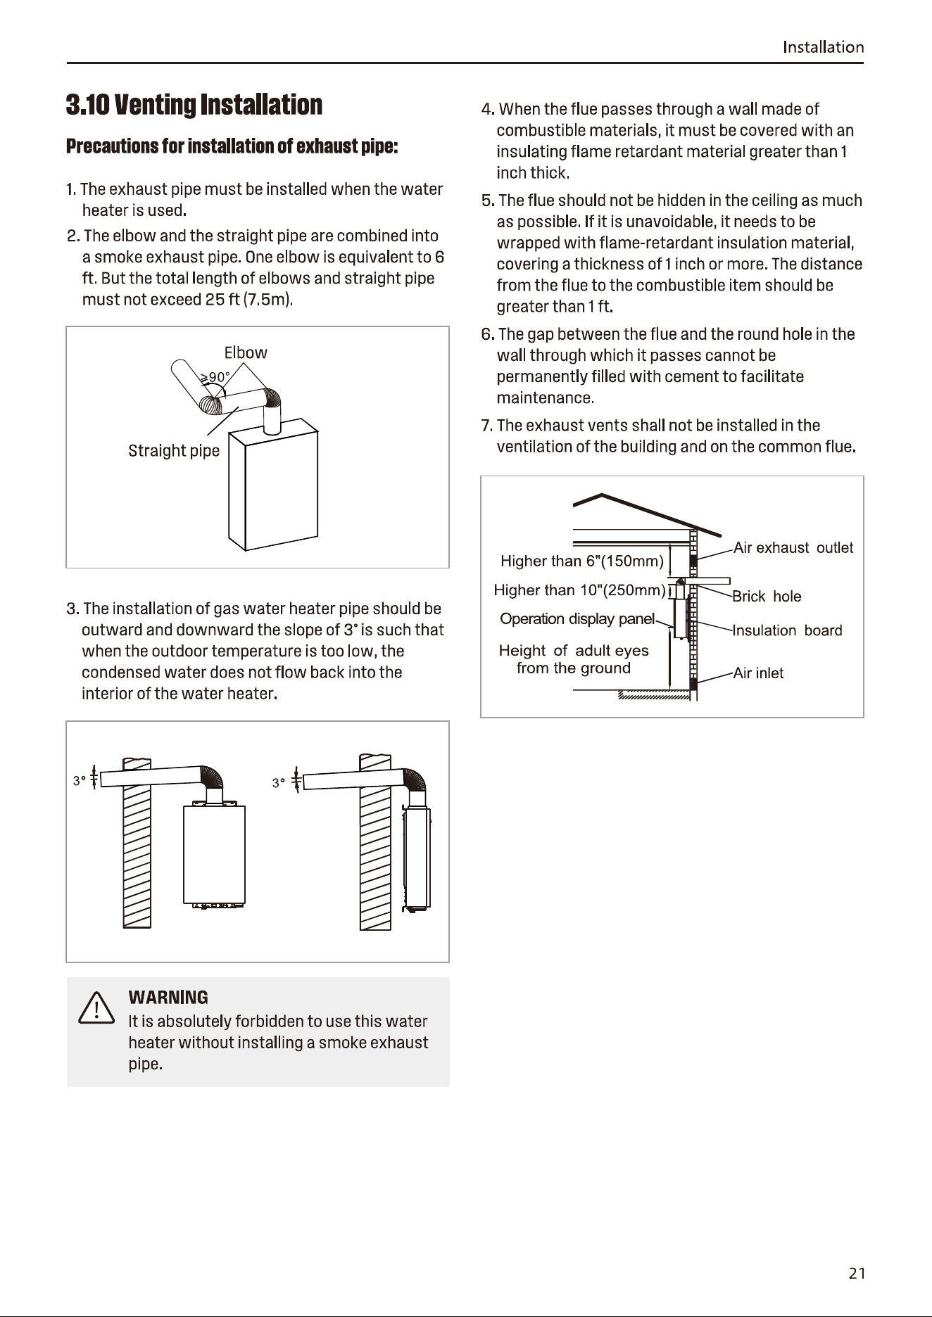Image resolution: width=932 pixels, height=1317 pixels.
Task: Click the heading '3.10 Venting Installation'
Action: tap(194, 105)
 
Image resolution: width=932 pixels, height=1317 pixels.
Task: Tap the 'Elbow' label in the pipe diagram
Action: tap(246, 352)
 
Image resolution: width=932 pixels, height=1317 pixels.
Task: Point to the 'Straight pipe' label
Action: tap(174, 451)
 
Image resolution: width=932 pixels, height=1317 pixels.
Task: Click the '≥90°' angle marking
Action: tap(215, 377)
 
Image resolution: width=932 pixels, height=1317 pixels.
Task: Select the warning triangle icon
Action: tap(96, 1007)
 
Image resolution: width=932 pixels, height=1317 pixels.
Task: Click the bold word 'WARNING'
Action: tap(168, 998)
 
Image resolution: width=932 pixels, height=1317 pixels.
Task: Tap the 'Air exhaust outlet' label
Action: tap(793, 548)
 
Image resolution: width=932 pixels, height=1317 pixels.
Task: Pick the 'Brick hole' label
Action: tap(767, 597)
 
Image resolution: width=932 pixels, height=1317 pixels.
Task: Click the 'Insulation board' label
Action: tap(788, 630)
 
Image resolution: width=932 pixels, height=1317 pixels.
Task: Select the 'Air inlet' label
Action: tap(758, 673)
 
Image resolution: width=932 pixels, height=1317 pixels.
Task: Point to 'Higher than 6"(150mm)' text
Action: tap(582, 561)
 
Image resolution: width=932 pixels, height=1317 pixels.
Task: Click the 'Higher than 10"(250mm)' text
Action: tap(579, 590)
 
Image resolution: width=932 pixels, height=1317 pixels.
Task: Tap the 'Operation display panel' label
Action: tap(577, 619)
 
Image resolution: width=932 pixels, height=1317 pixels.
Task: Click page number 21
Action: tap(857, 1273)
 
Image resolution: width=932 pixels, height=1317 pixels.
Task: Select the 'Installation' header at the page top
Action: tap(824, 47)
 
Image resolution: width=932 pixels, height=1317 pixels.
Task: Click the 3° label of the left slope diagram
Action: tap(80, 781)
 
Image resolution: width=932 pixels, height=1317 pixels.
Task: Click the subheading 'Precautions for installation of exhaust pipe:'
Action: tap(232, 146)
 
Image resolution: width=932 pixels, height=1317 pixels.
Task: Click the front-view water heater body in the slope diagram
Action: tap(215, 854)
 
